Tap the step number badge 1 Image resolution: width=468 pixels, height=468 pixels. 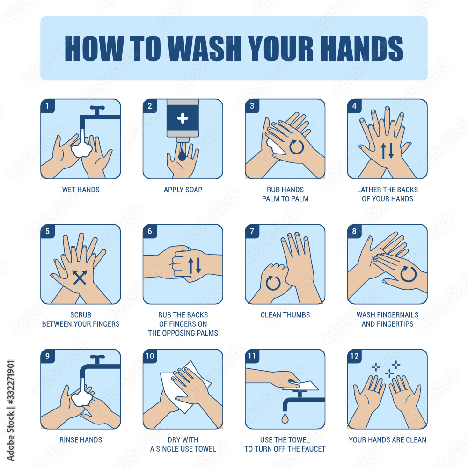click(47, 106)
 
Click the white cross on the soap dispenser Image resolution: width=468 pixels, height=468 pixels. click(183, 118)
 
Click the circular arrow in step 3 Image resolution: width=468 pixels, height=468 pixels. click(297, 147)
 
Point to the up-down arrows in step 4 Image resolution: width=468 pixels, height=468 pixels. click(387, 151)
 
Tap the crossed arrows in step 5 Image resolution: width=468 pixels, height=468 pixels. click(80, 277)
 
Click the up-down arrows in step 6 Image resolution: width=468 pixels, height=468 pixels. click(195, 265)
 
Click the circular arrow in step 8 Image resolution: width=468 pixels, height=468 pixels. click(408, 274)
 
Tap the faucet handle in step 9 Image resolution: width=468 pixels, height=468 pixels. click(98, 358)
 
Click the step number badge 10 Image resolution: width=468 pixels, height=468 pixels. click(150, 356)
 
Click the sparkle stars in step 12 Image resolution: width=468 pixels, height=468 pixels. click(386, 369)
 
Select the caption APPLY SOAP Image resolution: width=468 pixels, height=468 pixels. click(183, 190)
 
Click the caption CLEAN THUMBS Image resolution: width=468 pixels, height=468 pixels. click(285, 315)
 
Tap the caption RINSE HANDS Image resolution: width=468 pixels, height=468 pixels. click(80, 440)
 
